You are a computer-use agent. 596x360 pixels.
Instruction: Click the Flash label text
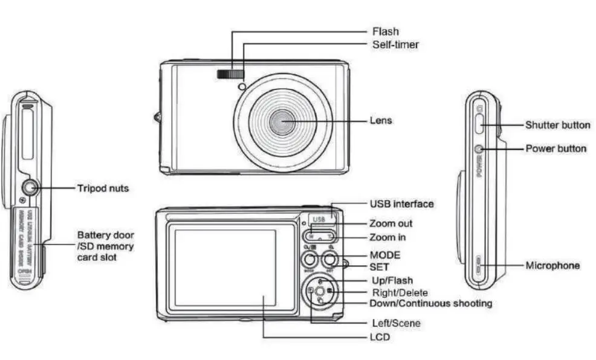385,31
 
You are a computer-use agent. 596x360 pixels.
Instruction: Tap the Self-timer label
395,45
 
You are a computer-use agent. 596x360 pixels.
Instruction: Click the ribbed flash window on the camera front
230,74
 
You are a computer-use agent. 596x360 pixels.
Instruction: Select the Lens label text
381,121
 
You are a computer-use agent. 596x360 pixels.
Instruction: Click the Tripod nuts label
103,188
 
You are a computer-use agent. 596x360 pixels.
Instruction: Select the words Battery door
106,235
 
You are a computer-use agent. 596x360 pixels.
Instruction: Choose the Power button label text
556,149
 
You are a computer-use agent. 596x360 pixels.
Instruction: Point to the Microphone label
552,265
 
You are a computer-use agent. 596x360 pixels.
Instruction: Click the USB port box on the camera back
319,219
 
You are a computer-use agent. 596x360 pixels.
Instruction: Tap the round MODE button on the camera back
309,260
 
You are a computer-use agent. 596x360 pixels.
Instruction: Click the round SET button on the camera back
330,260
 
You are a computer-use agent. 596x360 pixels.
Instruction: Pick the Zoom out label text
391,223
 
